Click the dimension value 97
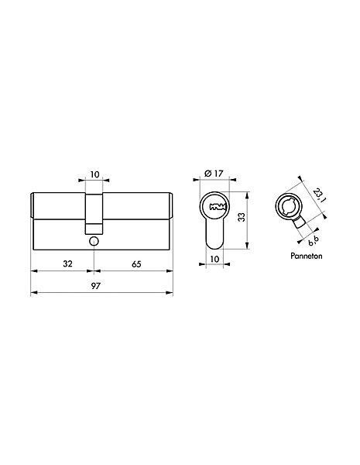coord(96,286)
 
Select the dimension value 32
coord(67,263)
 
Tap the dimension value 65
coord(136,264)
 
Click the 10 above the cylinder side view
coord(94,174)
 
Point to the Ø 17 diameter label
coord(214,173)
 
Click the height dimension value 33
coord(242,217)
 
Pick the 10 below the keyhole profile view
coord(214,259)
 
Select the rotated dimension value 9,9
coord(314,240)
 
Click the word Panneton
coord(307,256)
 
